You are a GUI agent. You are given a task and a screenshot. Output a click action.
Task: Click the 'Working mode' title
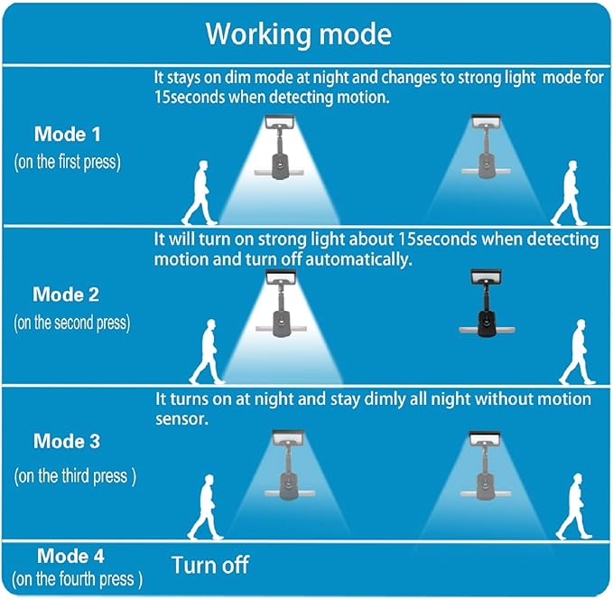tap(298, 33)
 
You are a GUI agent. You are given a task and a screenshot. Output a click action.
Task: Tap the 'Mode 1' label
tap(67, 135)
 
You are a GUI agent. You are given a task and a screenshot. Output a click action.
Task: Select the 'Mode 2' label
tap(66, 295)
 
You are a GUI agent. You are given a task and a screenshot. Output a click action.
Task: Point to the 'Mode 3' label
tap(67, 441)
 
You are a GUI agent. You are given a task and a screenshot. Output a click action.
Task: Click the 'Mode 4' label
tap(70, 556)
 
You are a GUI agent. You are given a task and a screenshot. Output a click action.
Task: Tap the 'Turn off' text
tap(210, 565)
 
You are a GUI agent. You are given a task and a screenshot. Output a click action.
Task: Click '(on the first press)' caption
tap(67, 162)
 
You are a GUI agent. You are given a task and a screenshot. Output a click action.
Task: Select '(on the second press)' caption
tap(72, 323)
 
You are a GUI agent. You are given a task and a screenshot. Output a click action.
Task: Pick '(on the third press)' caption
tap(75, 476)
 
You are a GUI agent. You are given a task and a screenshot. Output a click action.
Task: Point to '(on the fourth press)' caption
tap(77, 579)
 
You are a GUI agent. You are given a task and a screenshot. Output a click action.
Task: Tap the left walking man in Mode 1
tap(200, 192)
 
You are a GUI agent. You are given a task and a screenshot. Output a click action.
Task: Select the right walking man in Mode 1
tap(569, 192)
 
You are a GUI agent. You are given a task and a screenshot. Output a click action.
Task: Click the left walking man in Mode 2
tap(208, 352)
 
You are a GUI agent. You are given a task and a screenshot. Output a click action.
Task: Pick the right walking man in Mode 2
tap(578, 352)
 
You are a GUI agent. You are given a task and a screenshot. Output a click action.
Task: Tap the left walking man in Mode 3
tap(206, 507)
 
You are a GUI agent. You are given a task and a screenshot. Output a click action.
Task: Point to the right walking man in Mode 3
tap(574, 506)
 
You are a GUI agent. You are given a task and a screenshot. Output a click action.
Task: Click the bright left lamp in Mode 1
tap(279, 146)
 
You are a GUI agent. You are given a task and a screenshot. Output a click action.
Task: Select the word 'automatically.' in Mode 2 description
tap(358, 259)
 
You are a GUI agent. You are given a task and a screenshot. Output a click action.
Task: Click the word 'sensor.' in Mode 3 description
tap(181, 419)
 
